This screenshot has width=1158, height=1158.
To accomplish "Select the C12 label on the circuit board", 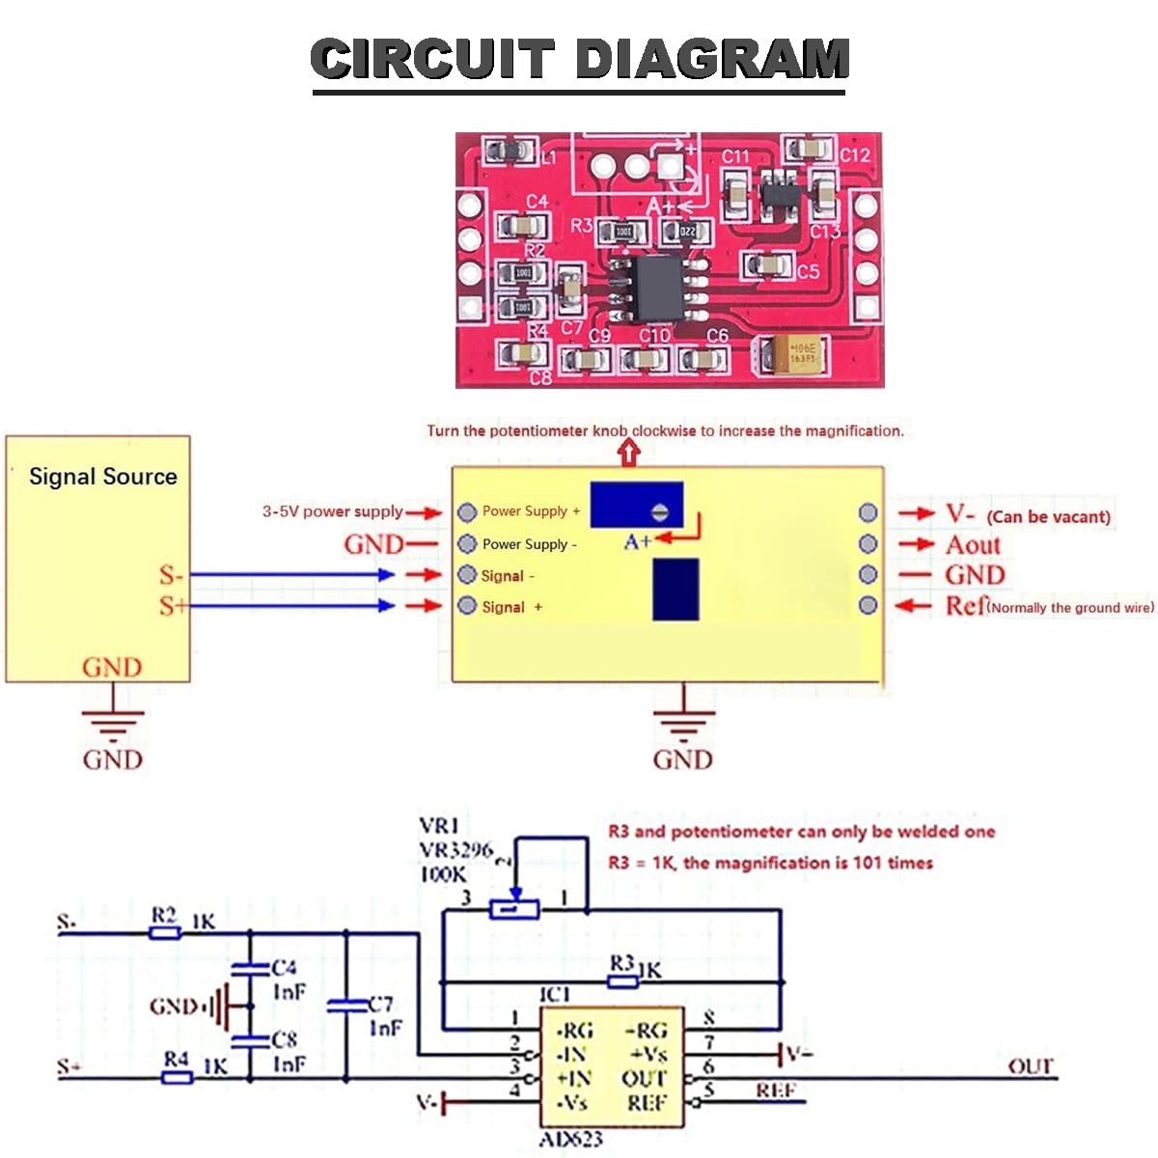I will click(854, 154).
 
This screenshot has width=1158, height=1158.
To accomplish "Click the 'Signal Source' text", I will click(103, 477).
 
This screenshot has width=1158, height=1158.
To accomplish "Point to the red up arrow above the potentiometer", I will click(629, 452).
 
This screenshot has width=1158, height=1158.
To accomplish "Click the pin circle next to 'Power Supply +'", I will click(467, 511).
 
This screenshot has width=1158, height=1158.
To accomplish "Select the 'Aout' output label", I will click(973, 545).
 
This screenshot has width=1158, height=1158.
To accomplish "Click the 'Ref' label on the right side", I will click(965, 606).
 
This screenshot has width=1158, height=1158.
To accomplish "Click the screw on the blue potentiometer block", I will click(661, 511).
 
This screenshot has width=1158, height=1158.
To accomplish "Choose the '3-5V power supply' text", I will click(332, 511).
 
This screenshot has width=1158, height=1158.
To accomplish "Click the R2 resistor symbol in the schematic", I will click(165, 933).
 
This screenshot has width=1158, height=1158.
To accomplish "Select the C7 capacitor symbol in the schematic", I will click(346, 1006).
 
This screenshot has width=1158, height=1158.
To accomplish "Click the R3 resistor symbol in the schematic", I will click(622, 981).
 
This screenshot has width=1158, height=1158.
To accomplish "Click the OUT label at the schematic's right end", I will click(1030, 1066).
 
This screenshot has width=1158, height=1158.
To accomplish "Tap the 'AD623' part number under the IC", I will click(570, 1140).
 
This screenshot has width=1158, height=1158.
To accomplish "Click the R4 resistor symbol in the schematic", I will click(177, 1077).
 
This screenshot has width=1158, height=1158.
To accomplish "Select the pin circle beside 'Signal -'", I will click(467, 575).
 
